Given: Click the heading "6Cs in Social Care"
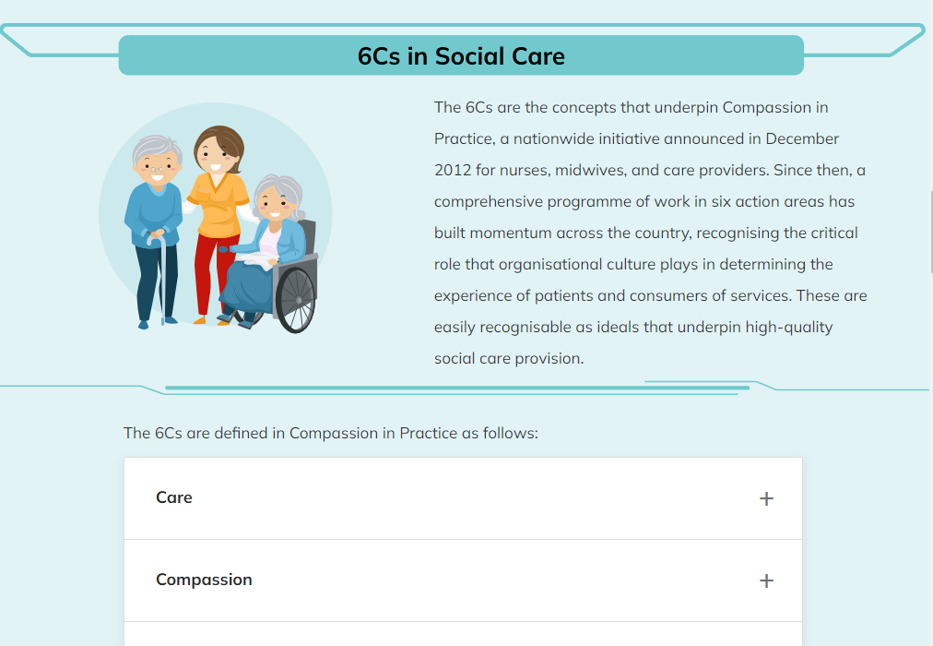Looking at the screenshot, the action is [461, 56].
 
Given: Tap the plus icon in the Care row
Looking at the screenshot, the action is [766, 498].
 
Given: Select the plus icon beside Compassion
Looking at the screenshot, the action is [766, 580].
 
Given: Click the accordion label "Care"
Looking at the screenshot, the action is [173, 497].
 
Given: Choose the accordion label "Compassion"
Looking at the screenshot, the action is [204, 580].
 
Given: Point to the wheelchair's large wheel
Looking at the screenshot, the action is [296, 300].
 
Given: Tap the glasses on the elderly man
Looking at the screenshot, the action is [157, 169].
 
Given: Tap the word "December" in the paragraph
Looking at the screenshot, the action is [802, 138].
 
